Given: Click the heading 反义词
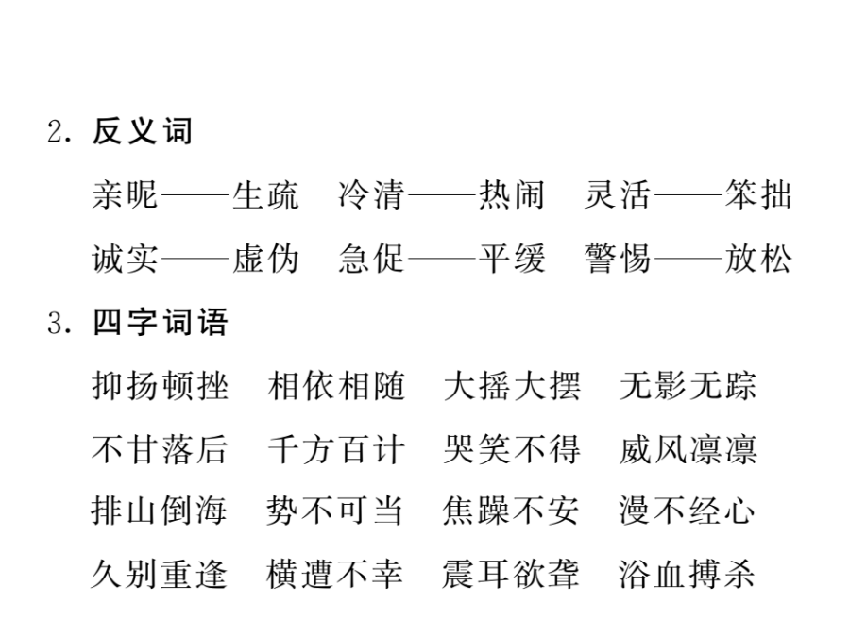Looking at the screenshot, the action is [143, 131].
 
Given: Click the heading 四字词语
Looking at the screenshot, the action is [160, 323].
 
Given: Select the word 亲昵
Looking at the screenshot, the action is [126, 195].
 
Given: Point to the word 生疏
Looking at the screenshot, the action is [265, 195].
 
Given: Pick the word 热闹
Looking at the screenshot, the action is [512, 195].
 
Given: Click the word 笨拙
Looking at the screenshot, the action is [758, 195].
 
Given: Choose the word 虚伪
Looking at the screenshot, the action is [265, 259].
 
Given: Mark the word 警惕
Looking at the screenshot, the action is [618, 259].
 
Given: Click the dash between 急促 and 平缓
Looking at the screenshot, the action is [442, 259].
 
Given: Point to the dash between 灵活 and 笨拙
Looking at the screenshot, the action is [688, 195].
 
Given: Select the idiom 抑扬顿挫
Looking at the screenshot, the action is [160, 386].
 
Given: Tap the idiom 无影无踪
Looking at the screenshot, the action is [688, 386].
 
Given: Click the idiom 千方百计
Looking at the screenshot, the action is [336, 449].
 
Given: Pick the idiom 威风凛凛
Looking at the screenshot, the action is [688, 449].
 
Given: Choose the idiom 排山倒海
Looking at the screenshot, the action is [159, 511].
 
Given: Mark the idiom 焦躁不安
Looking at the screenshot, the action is [511, 511].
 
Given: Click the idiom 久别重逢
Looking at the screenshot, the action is [159, 574].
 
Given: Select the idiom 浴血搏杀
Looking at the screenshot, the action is [687, 574].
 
